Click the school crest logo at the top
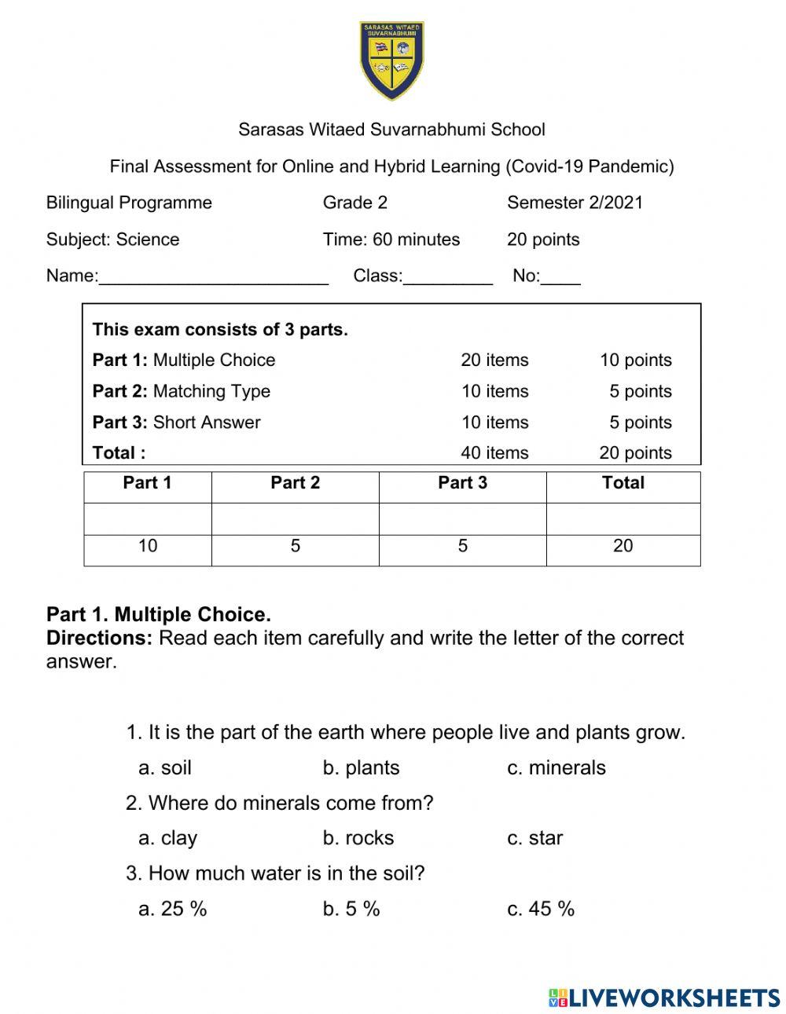(392, 60)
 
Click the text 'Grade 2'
(354, 203)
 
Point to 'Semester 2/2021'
(575, 203)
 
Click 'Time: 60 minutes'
(391, 240)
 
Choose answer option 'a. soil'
(165, 767)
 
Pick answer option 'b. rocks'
(358, 838)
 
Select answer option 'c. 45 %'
(541, 909)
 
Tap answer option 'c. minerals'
(556, 767)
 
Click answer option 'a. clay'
(167, 838)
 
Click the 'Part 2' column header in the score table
(295, 483)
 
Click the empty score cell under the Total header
(623, 519)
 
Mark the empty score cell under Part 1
(148, 519)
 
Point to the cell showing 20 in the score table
(623, 546)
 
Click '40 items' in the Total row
(494, 453)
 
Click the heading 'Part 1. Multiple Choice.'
(159, 614)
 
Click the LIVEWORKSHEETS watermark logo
(664, 998)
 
